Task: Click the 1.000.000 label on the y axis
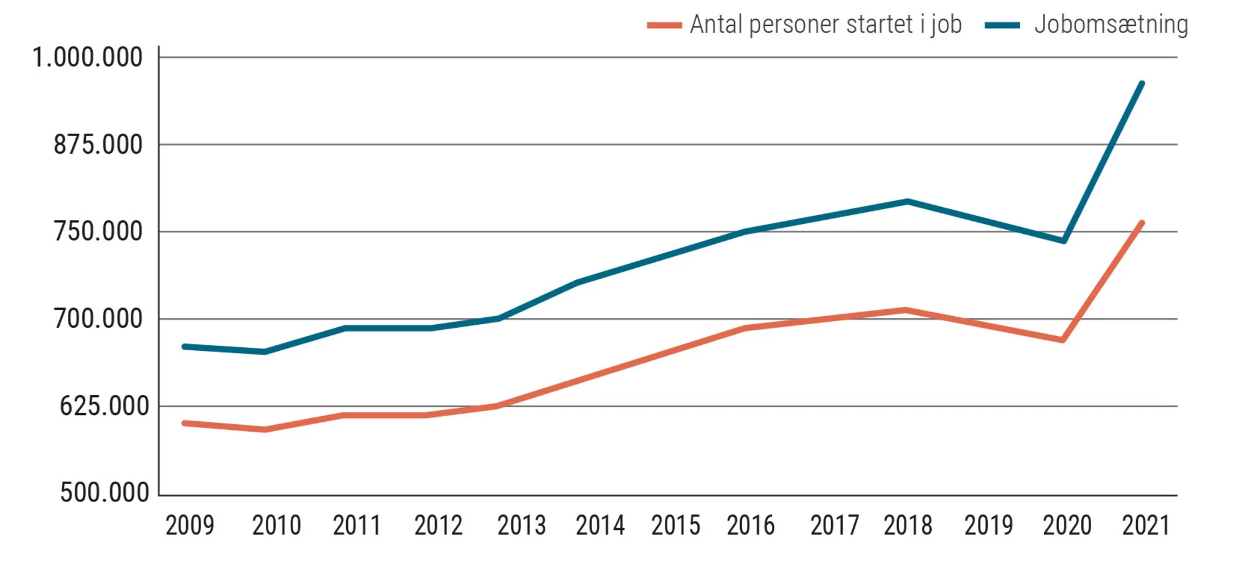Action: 88,58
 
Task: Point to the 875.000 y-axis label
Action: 98,145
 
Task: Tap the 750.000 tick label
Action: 98,232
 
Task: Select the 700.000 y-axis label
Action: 98,319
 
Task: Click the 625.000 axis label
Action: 104,406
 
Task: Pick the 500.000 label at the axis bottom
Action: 104,493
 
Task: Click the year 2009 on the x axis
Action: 190,526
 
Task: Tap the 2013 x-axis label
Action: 521,526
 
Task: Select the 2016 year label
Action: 751,526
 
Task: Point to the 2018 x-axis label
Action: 908,526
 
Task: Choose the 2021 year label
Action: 1146,526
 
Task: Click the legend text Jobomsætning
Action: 1111,25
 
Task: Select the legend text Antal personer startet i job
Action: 825,25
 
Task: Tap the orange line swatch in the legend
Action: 664,26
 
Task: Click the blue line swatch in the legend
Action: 1002,26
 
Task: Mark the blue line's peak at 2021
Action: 1142,83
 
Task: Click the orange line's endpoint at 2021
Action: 1142,223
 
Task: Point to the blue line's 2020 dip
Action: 1064,240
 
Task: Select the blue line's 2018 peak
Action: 908,202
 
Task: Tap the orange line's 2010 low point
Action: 265,429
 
